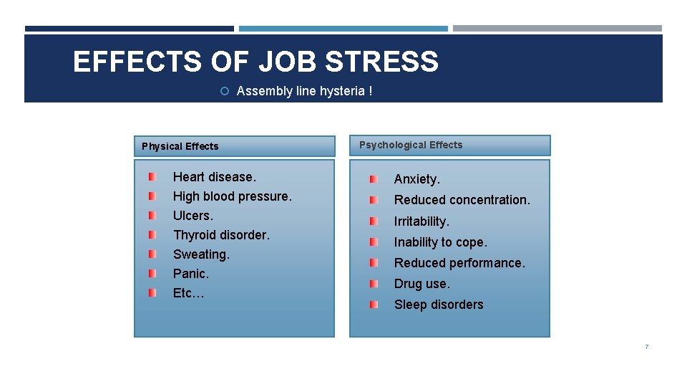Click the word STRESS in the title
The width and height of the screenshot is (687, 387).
[x=381, y=62]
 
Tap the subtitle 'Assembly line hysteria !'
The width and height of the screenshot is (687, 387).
[x=304, y=91]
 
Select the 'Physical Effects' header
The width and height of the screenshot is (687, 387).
[x=180, y=146]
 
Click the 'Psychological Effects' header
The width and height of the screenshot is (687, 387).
[x=411, y=145]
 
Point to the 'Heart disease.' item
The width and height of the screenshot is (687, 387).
[x=214, y=177]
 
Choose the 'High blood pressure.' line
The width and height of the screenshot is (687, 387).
[x=232, y=196]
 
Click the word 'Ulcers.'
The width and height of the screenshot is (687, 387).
[x=193, y=216]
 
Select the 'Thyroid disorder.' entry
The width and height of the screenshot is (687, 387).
[x=221, y=235]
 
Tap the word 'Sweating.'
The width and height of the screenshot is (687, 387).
[x=201, y=254]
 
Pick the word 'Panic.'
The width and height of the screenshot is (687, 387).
[x=191, y=274]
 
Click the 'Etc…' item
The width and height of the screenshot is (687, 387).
[x=189, y=293]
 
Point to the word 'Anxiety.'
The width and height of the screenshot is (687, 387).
[x=417, y=179]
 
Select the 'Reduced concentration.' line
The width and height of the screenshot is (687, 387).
[x=462, y=200]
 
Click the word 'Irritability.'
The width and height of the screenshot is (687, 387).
[x=422, y=221]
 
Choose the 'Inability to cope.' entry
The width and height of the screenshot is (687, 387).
[x=440, y=242]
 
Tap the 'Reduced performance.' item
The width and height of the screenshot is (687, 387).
[x=459, y=263]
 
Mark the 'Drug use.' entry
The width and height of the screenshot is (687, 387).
[x=422, y=284]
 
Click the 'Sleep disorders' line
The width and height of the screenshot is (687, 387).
[x=439, y=305]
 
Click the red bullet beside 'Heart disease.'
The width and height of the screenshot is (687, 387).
[x=152, y=176]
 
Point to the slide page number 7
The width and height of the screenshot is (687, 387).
[x=646, y=347]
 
